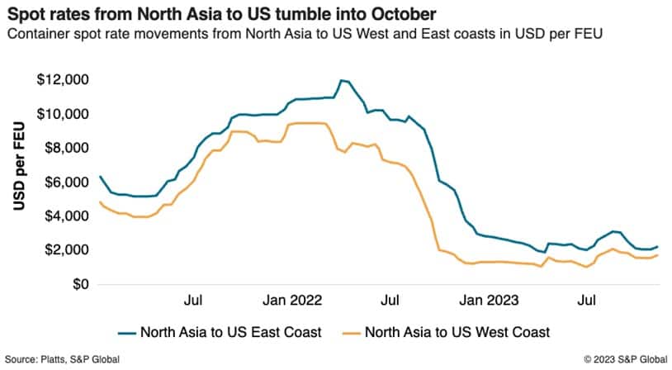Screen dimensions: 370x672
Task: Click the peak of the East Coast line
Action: (342, 80)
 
